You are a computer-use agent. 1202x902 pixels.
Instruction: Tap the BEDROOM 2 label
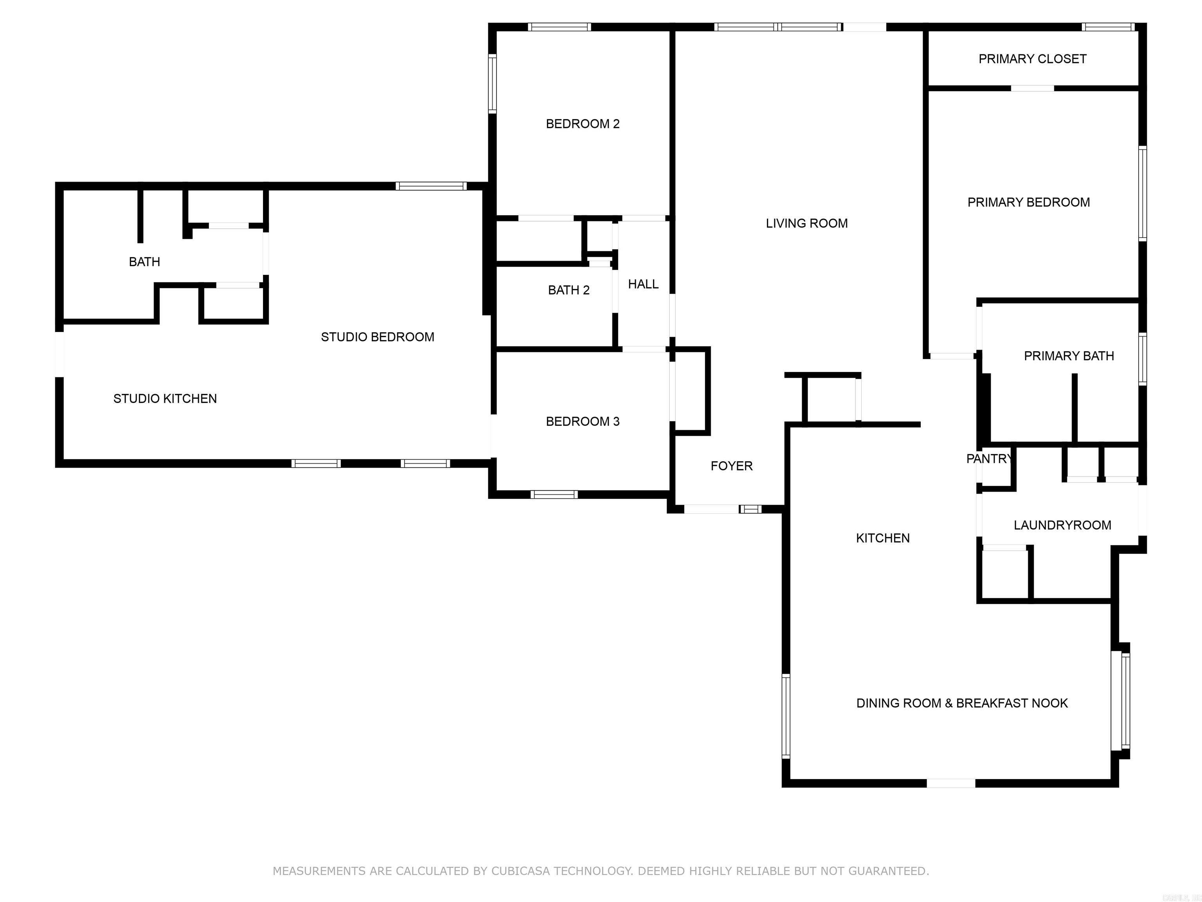[583, 124]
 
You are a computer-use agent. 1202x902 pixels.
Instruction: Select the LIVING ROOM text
[806, 224]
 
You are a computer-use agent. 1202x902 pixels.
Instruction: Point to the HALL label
[643, 284]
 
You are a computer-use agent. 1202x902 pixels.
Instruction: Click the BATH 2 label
[569, 290]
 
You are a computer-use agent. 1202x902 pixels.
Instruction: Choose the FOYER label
[731, 466]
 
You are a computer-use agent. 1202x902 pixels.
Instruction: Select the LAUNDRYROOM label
[1062, 525]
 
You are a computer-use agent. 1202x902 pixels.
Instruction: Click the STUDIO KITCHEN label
[165, 399]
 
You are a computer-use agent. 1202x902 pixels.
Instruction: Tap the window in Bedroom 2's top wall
[559, 27]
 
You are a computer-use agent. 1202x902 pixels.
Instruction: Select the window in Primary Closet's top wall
[1107, 27]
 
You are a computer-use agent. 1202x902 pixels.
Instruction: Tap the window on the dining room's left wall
[786, 716]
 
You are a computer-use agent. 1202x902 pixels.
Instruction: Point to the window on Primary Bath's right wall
[1142, 359]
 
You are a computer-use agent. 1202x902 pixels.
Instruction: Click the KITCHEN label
[882, 538]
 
